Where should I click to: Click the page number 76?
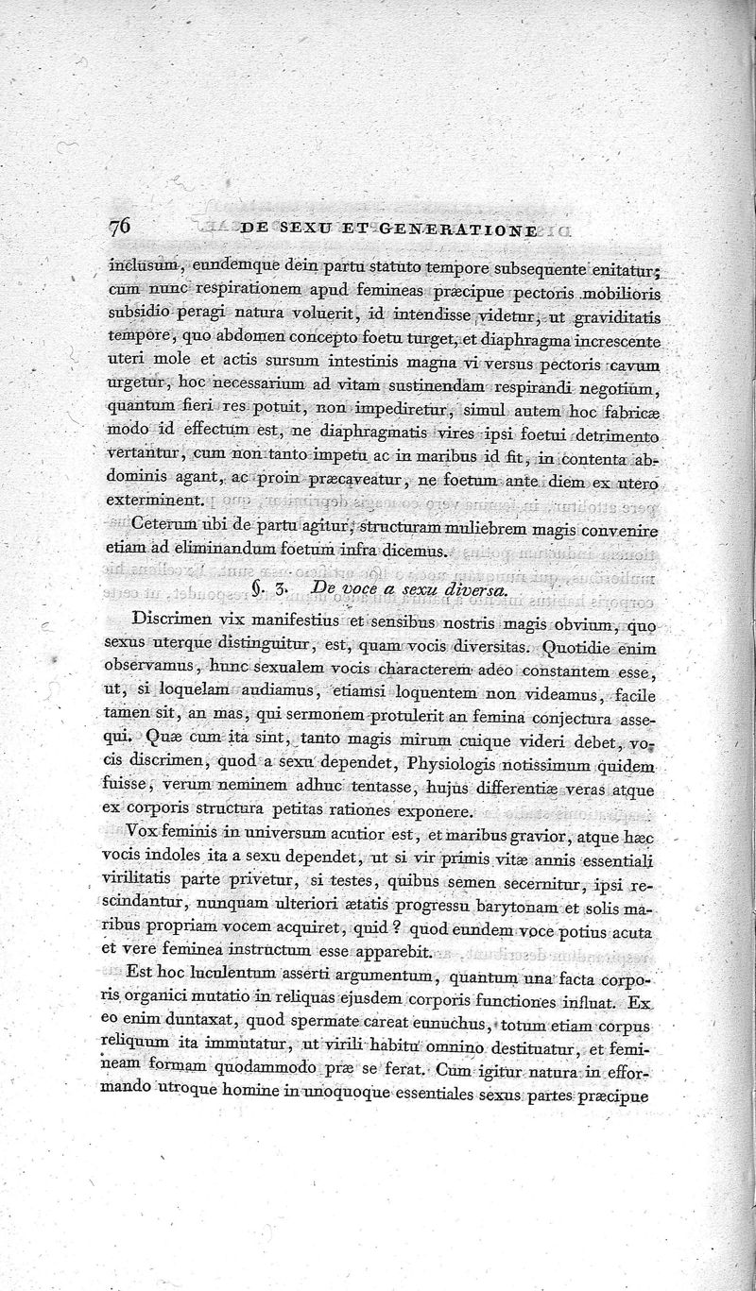[x=121, y=228]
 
